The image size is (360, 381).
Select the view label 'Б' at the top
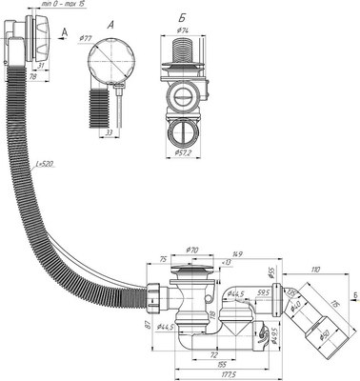[x=182, y=19]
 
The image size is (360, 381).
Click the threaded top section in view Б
[x=185, y=52]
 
